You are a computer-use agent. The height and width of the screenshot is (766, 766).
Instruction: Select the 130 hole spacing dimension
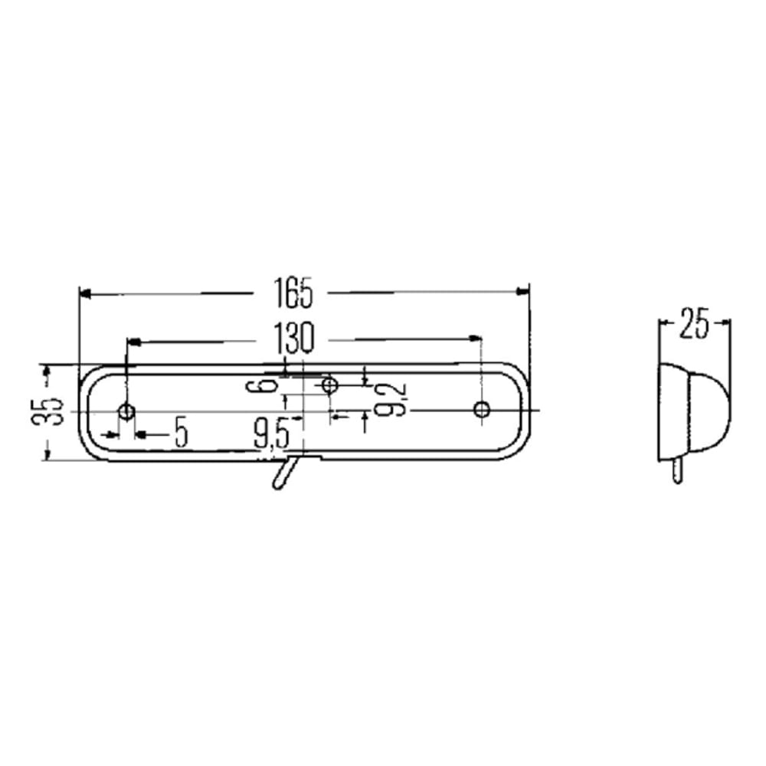pyautogui.click(x=293, y=338)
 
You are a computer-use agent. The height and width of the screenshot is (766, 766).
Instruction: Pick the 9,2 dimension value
pyautogui.click(x=391, y=398)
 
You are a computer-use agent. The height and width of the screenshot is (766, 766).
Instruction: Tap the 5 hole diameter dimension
pyautogui.click(x=182, y=432)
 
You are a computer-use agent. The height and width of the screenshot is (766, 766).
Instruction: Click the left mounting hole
pyautogui.click(x=127, y=411)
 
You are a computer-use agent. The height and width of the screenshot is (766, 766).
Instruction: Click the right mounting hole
pyautogui.click(x=482, y=409)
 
